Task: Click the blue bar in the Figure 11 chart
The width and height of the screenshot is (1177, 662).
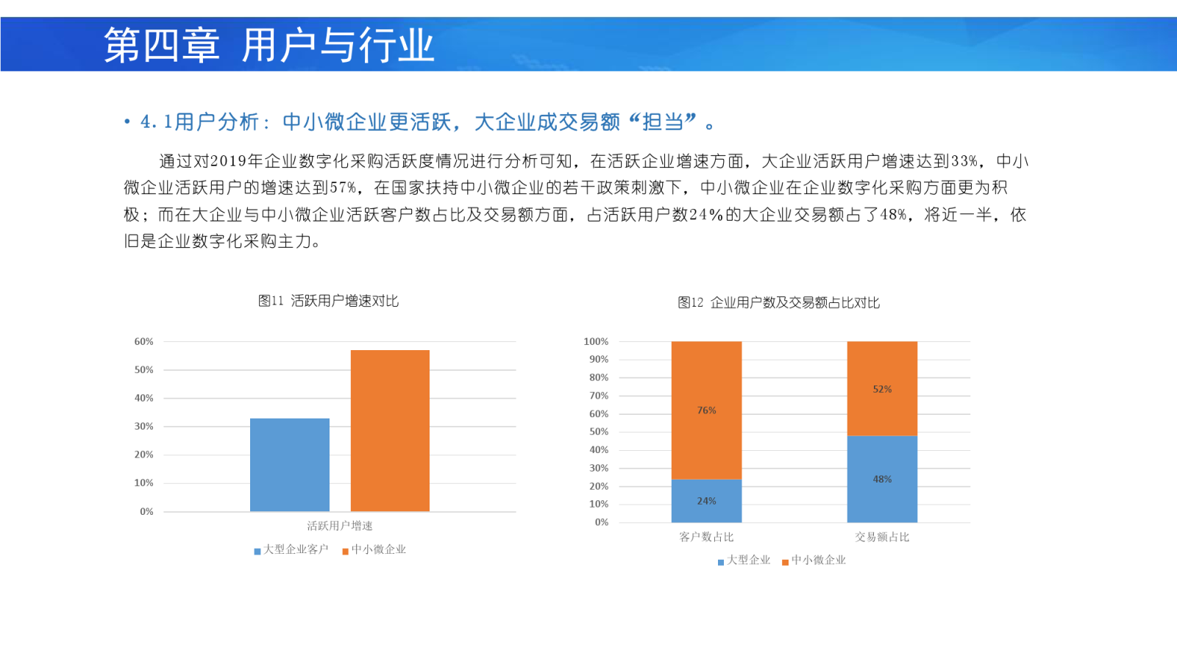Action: click(x=290, y=464)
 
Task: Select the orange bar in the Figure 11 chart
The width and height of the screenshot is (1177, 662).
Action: click(x=390, y=430)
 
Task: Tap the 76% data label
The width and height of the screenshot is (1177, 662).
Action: click(x=706, y=410)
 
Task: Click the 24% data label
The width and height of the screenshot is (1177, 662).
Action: click(x=706, y=501)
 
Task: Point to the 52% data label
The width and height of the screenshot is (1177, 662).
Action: click(x=882, y=389)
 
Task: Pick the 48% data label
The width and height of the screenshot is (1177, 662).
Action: click(x=882, y=479)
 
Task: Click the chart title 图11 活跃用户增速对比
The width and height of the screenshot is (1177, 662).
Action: click(x=328, y=301)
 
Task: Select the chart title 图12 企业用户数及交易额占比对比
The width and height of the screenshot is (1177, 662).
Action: click(x=778, y=302)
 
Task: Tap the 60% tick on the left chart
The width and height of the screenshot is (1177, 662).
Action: click(x=143, y=341)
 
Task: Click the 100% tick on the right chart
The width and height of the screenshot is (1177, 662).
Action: click(x=596, y=341)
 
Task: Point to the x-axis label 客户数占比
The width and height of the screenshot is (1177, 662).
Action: click(x=706, y=537)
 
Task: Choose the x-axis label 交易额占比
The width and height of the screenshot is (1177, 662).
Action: click(x=882, y=537)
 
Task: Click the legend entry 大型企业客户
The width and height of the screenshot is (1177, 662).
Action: click(x=291, y=549)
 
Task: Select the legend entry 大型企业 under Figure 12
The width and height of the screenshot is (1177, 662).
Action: click(x=744, y=560)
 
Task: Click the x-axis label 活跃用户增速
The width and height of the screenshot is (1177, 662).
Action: click(x=339, y=526)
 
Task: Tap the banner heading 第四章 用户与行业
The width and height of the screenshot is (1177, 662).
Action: click(x=269, y=45)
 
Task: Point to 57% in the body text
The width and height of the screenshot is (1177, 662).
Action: click(x=343, y=188)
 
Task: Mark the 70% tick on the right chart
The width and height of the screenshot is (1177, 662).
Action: click(x=599, y=396)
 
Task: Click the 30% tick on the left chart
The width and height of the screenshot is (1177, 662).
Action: click(x=143, y=426)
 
